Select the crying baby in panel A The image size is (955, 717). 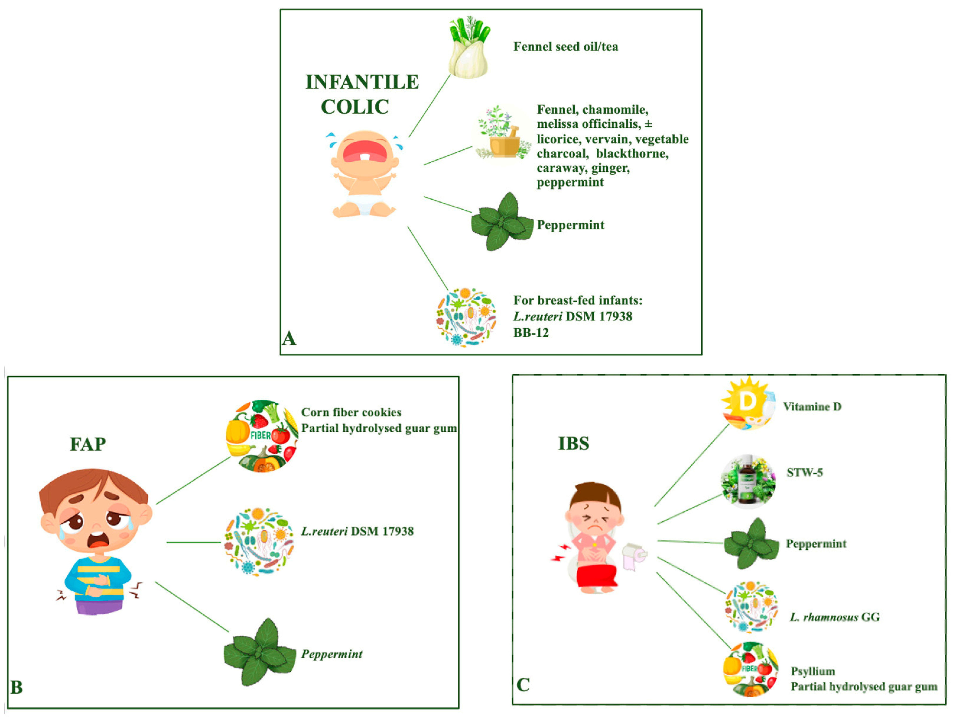[365, 173]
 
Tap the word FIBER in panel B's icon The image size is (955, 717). [260, 435]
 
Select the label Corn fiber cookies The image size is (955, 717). [351, 412]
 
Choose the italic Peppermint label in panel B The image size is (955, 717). [332, 654]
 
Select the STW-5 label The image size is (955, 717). [804, 473]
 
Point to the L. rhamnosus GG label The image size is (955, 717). [834, 617]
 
